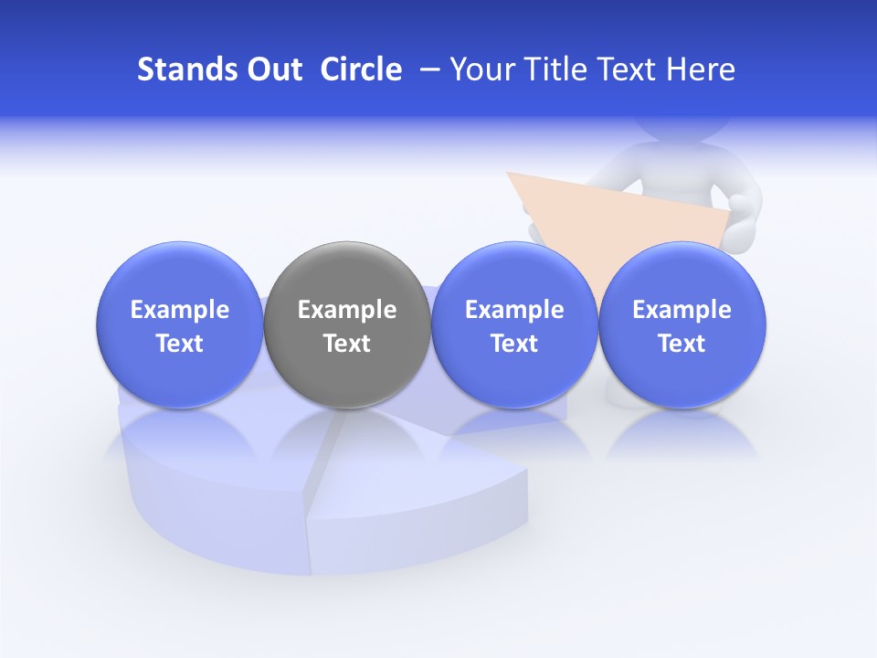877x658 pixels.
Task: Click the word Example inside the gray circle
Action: (347, 310)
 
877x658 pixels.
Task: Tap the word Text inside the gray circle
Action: (347, 344)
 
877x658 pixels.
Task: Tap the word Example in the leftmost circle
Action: (179, 310)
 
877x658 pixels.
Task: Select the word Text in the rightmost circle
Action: (682, 344)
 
